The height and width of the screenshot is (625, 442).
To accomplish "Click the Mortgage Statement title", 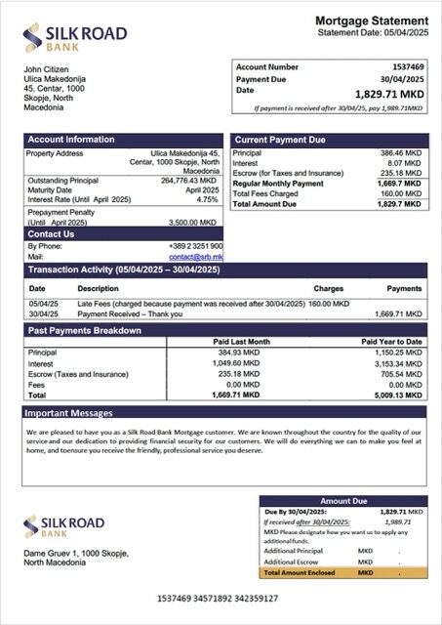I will (x=371, y=21).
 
